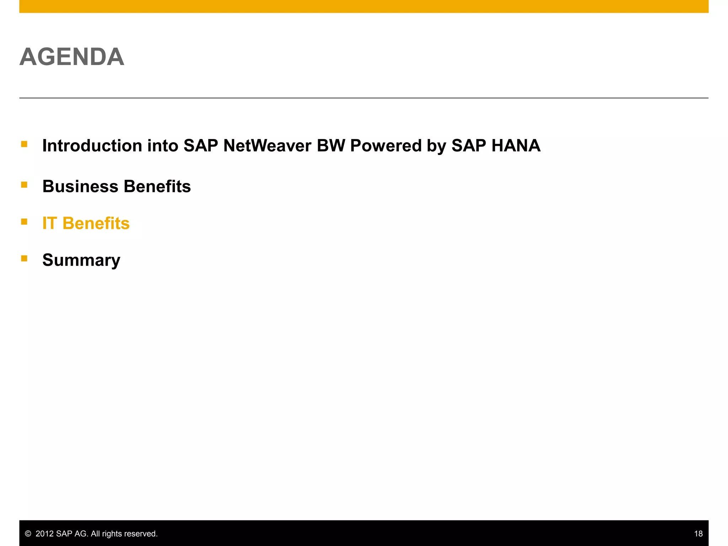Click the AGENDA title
coord(72,57)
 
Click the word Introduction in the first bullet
coord(92,146)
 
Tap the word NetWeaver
coord(267,146)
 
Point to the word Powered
coord(385,146)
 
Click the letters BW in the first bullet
coord(331,146)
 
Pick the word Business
coord(80,187)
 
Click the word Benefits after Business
coord(157,187)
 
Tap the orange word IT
coord(49,223)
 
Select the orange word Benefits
coord(96,223)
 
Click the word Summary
coord(81,260)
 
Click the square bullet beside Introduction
coord(24,144)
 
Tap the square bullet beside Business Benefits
coord(24,184)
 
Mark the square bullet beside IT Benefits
coord(24,222)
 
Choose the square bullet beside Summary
coord(24,258)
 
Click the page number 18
coord(698,534)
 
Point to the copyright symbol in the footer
coord(28,534)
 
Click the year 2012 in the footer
coord(45,534)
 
